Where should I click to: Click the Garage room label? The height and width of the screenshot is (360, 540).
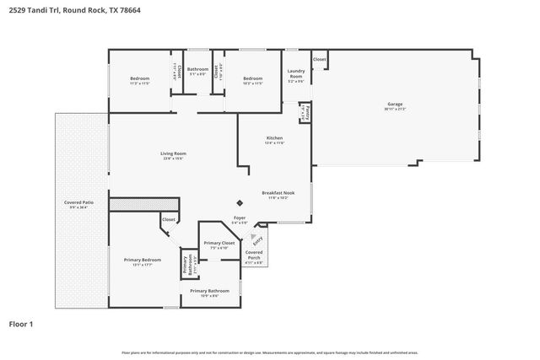click(396, 104)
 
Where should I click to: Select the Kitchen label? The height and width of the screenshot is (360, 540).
click(275, 137)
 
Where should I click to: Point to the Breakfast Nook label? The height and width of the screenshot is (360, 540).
click(278, 193)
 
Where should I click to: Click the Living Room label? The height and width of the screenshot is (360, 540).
click(173, 153)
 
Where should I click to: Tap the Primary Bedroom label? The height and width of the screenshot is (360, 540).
click(142, 260)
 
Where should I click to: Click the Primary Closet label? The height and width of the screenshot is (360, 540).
click(219, 243)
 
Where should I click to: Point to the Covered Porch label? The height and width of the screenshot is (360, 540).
click(254, 254)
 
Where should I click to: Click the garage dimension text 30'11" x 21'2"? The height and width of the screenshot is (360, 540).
click(396, 109)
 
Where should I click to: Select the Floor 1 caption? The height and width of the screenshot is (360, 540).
click(20, 324)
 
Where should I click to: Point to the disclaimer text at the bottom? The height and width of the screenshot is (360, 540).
click(269, 352)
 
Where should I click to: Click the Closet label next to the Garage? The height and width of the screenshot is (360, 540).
click(319, 59)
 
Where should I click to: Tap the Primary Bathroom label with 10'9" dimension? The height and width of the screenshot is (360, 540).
click(209, 291)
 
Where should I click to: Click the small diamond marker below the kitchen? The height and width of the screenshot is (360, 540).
click(240, 202)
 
